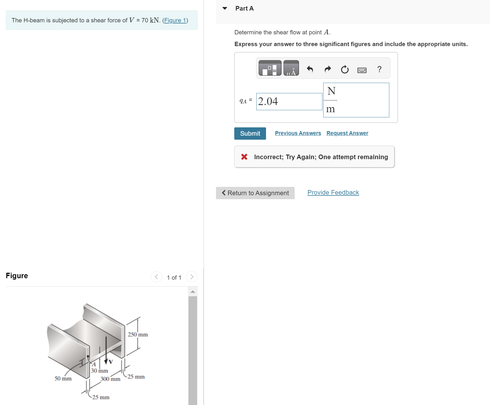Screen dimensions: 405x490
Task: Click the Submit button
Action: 250,133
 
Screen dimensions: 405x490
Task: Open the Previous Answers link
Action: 298,133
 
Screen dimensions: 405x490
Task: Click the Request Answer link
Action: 347,133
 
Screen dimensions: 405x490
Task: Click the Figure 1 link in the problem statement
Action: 175,20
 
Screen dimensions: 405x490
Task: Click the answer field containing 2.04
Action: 289,101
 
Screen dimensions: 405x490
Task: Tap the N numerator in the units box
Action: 331,91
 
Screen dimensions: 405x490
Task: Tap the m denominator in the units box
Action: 330,109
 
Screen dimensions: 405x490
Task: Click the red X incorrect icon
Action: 244,157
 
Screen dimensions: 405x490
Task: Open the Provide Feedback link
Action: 333,192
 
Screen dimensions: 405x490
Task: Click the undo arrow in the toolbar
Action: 310,69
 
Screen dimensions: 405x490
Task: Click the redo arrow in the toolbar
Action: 328,69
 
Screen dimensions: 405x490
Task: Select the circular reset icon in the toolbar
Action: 345,69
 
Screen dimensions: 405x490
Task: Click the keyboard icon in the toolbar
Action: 362,70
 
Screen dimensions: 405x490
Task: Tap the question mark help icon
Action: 379,69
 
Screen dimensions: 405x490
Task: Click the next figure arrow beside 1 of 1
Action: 192,277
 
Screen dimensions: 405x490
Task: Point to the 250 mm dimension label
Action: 138,334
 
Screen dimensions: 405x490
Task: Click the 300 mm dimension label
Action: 110,379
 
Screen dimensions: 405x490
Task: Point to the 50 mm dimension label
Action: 63,378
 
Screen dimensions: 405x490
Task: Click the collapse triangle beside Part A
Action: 225,8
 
